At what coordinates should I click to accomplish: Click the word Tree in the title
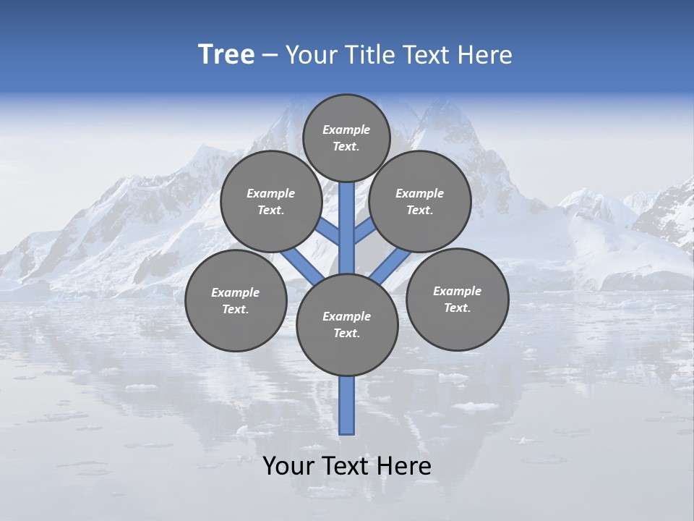[226, 55]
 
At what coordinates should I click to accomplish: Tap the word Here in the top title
[486, 55]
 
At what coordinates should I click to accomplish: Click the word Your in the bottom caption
[288, 466]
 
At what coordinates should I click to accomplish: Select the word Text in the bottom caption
[345, 466]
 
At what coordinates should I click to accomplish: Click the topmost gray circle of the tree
[346, 137]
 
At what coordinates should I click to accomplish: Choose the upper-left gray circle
[270, 201]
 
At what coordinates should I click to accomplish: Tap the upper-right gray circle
[420, 201]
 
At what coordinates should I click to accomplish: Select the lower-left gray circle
[236, 300]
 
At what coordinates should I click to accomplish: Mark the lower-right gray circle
[457, 299]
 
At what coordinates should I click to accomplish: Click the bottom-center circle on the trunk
[347, 324]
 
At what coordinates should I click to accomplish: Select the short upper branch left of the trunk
[329, 232]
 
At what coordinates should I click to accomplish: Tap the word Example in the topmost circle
[346, 130]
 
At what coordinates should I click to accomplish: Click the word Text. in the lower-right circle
[457, 308]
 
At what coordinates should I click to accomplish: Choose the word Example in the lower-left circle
[236, 293]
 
